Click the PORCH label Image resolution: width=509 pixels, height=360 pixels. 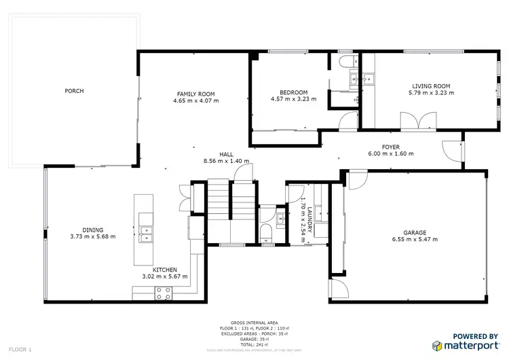click(x=74, y=91)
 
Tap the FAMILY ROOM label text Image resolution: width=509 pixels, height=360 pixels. click(x=195, y=94)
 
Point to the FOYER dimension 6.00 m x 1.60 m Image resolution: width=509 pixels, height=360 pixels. click(x=390, y=154)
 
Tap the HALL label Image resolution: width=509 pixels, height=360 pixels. click(x=226, y=154)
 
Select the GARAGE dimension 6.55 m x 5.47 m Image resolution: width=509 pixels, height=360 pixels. click(x=415, y=239)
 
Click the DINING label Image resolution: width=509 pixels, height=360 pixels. click(x=93, y=230)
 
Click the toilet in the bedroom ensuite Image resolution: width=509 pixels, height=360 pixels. click(x=344, y=63)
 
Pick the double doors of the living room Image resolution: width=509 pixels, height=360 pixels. click(x=415, y=122)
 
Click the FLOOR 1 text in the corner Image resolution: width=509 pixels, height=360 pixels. click(x=20, y=349)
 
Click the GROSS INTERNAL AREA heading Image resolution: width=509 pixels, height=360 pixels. click(x=254, y=323)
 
